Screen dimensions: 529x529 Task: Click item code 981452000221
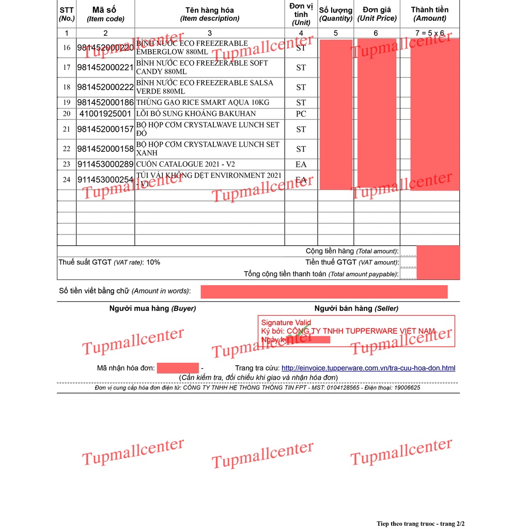point(105,68)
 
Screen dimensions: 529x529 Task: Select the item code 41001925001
point(105,114)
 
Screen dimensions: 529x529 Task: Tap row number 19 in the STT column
point(67,103)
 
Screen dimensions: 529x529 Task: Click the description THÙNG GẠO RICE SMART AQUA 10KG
point(203,103)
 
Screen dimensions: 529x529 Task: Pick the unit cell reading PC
point(301,114)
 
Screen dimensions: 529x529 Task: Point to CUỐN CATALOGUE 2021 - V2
point(185,164)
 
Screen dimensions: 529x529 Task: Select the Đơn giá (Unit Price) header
point(377,14)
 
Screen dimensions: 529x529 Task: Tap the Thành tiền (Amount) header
point(429,14)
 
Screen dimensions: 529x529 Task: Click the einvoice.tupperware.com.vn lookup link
point(368,368)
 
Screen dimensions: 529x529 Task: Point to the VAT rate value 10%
point(153,262)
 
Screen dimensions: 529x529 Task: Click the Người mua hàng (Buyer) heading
point(152,308)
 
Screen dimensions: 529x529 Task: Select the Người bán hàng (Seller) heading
point(356,308)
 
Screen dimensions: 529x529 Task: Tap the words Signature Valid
point(286,323)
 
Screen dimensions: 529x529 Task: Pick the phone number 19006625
point(406,388)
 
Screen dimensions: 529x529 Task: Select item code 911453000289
point(105,164)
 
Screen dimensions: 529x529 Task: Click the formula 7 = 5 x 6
point(429,33)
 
